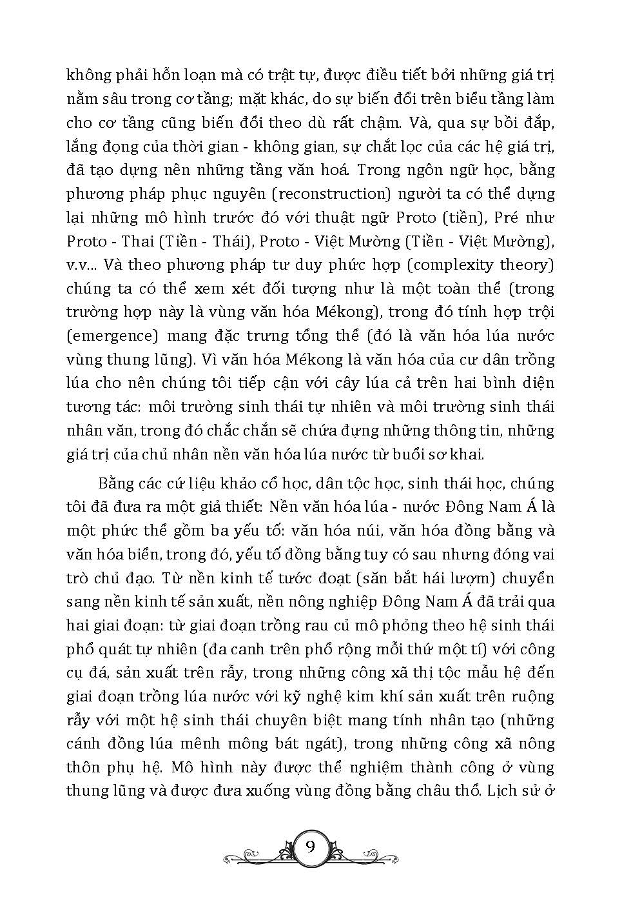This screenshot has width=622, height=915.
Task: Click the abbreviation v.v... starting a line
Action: (x=83, y=265)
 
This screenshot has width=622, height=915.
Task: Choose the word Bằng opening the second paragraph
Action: (x=117, y=483)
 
